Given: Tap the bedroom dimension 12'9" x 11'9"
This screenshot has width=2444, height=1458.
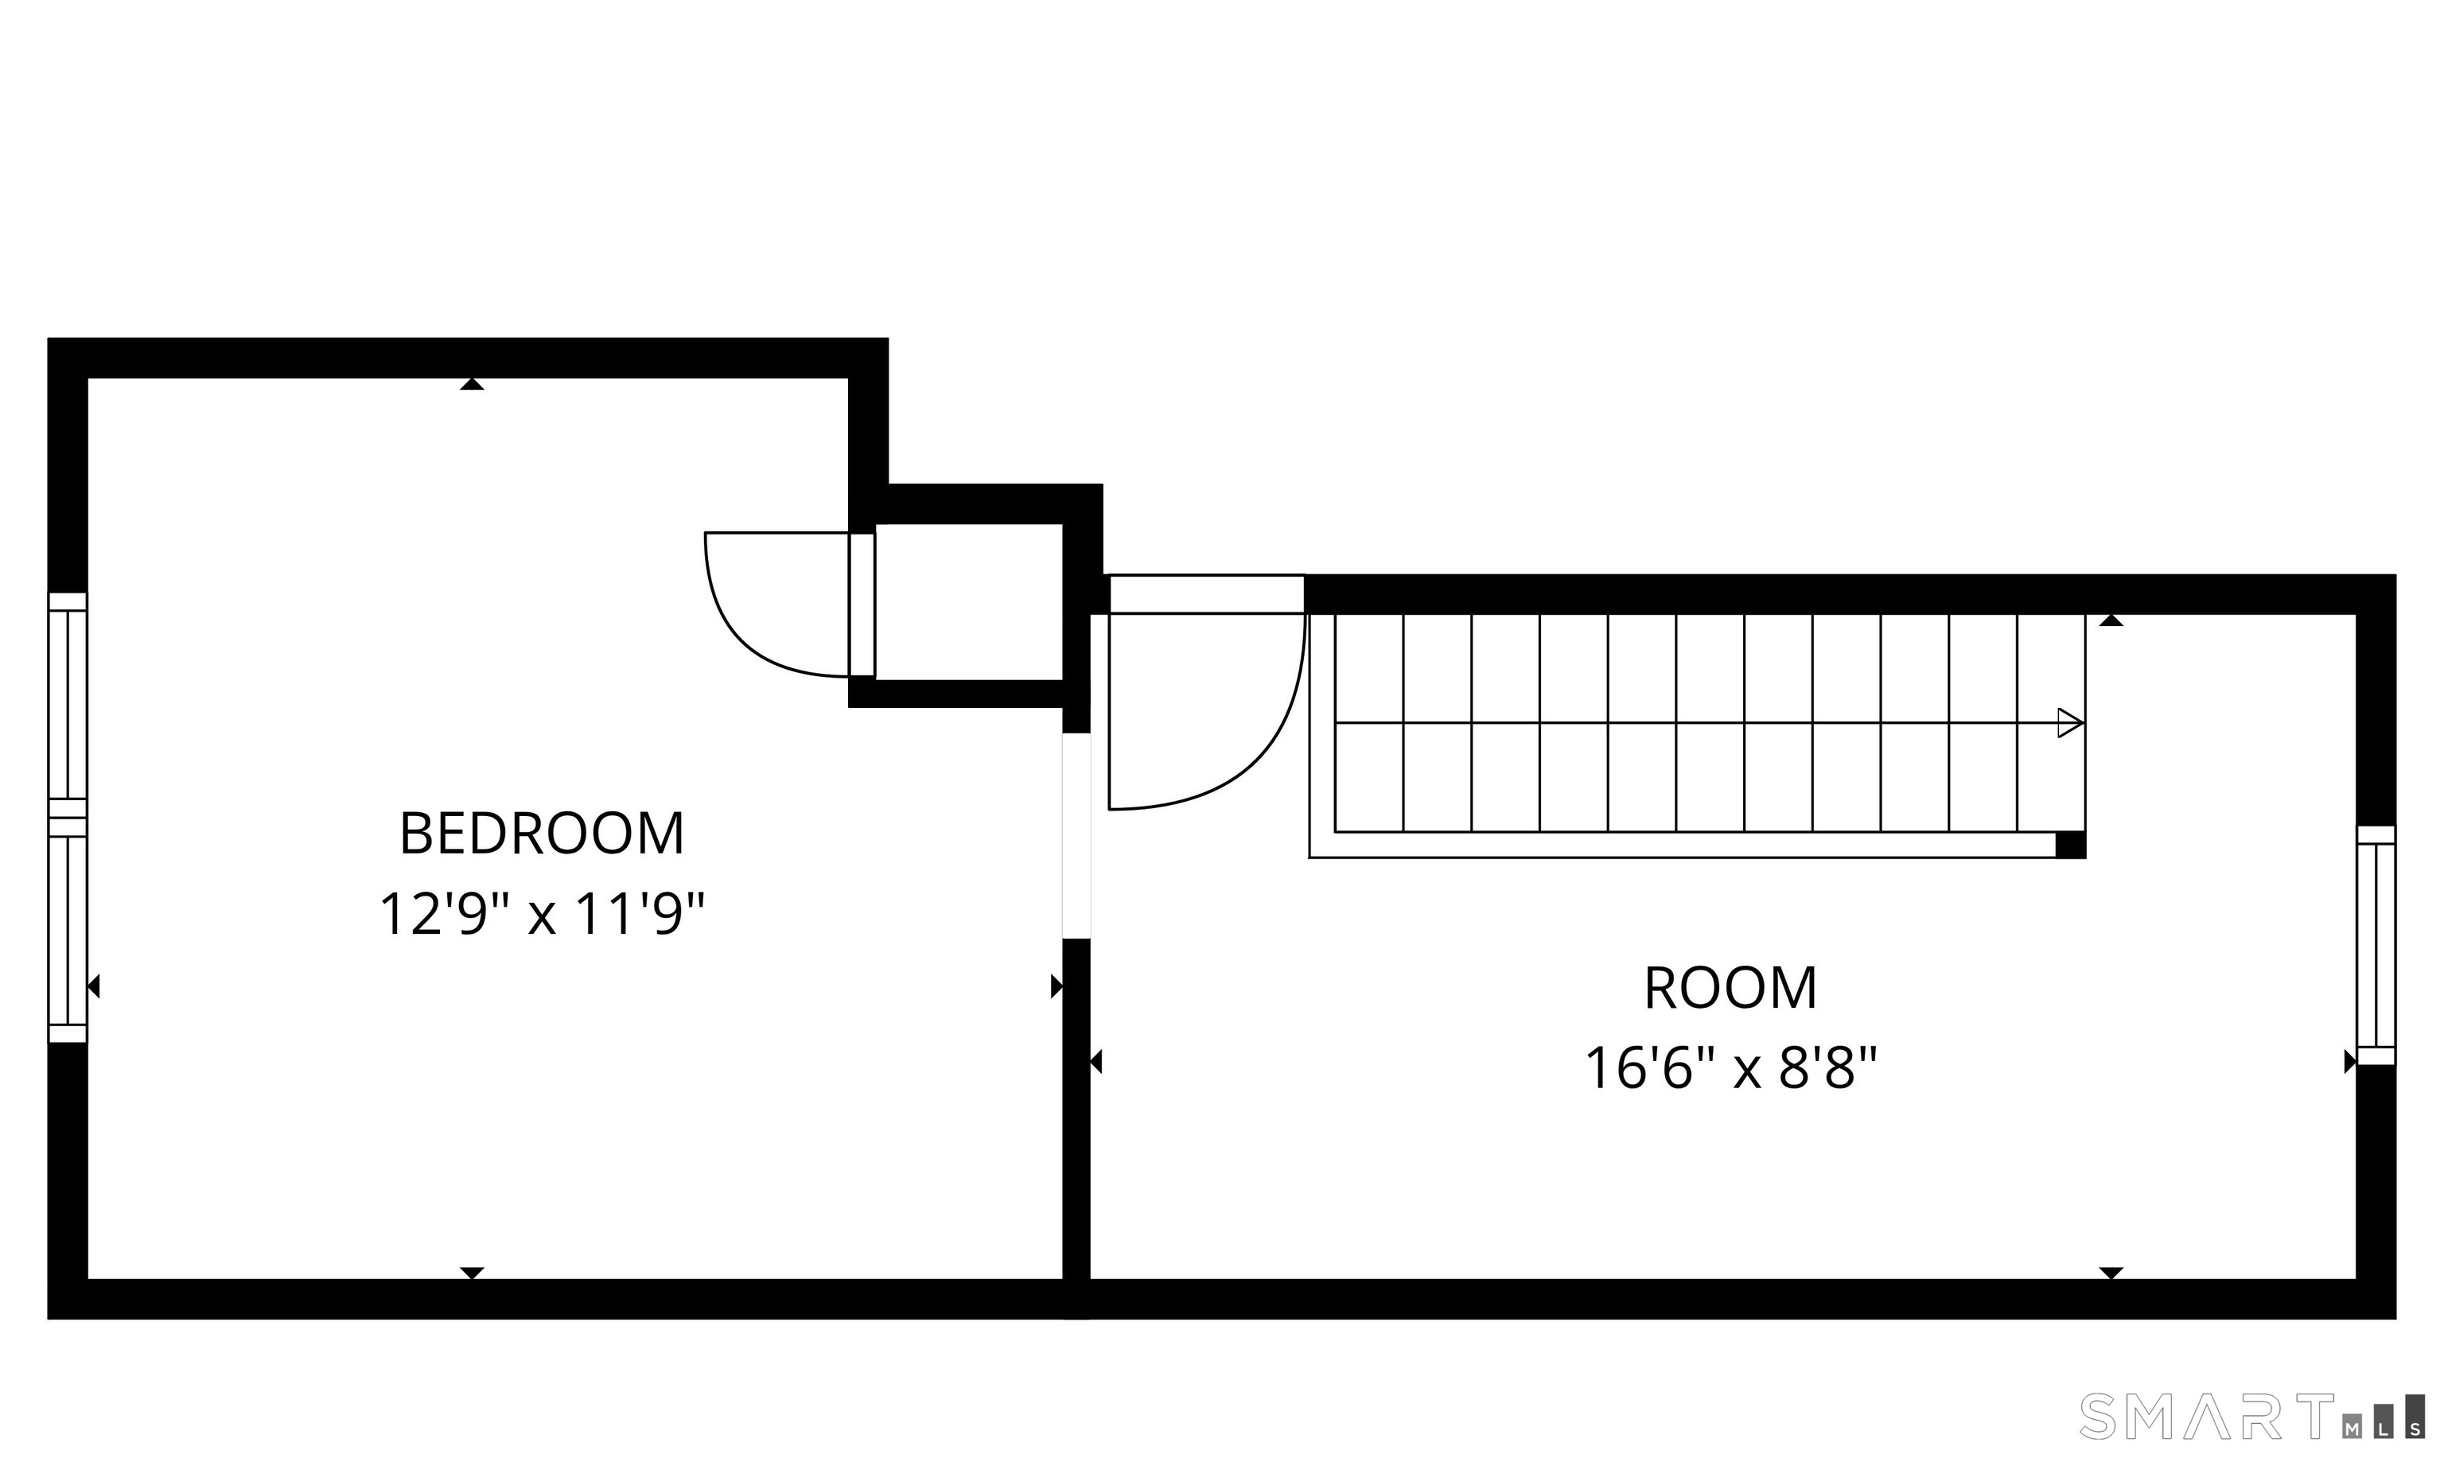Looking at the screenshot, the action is tap(543, 915).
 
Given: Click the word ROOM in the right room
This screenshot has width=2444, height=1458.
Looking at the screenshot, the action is tap(1730, 989).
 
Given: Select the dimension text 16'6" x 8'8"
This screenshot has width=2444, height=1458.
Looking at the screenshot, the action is tap(1730, 1069).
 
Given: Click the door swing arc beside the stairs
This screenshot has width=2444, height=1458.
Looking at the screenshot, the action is tap(1267, 747).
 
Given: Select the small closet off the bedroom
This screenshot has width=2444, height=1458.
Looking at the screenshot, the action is tap(969, 602).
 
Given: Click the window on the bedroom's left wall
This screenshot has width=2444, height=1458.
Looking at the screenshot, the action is tap(68, 818).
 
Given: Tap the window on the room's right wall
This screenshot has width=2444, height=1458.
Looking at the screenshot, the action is tap(2376, 945).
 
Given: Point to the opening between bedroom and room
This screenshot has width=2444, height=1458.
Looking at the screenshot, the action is tap(1077, 835).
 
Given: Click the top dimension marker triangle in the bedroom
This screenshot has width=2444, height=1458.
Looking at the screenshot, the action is tap(472, 384).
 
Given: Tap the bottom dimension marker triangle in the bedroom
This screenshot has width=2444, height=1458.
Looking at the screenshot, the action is tap(472, 1273).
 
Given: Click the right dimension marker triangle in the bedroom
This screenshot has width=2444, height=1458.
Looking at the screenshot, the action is tap(1057, 986).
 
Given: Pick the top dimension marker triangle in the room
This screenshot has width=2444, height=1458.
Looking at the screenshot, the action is tap(2111, 620).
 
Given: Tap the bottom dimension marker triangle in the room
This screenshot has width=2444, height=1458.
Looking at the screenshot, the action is tap(2111, 1273).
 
